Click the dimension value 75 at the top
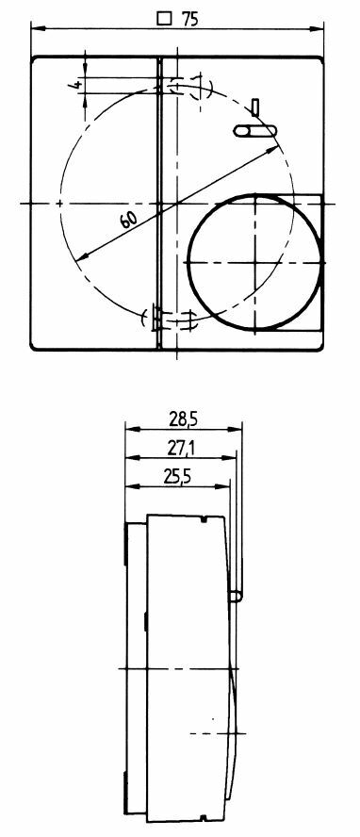[x=189, y=19]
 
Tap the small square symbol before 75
[x=165, y=19]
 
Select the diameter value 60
[x=128, y=219]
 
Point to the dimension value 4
[x=76, y=84]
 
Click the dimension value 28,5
[x=184, y=419]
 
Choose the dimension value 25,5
[x=177, y=477]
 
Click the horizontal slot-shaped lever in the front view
[x=255, y=131]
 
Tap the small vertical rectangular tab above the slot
[x=255, y=107]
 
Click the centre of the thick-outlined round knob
[x=256, y=262]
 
